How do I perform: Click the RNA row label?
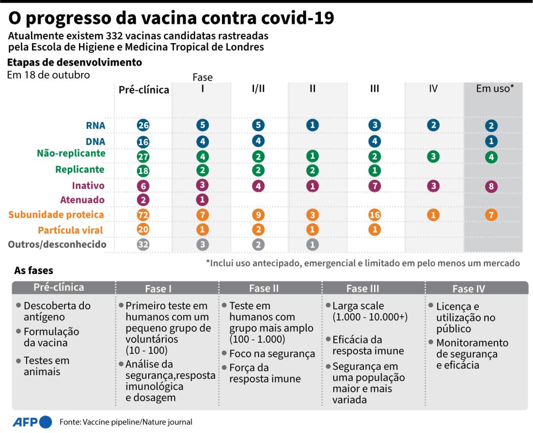pos(96,125)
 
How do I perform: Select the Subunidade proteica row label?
pos(56,215)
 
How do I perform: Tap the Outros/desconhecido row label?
pos(57,244)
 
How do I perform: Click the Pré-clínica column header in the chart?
pos(144,90)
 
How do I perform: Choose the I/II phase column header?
pos(258,89)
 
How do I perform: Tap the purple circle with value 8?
pos(491,186)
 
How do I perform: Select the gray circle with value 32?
pos(143,244)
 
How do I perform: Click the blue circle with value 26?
pos(143,125)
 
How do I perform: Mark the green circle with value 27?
pos(143,156)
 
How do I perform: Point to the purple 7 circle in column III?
pos(374,186)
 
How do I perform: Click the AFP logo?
pos(32,421)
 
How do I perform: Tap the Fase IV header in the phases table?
pos(469,289)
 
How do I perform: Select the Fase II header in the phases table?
pos(264,289)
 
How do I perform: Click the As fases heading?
pos(33,270)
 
